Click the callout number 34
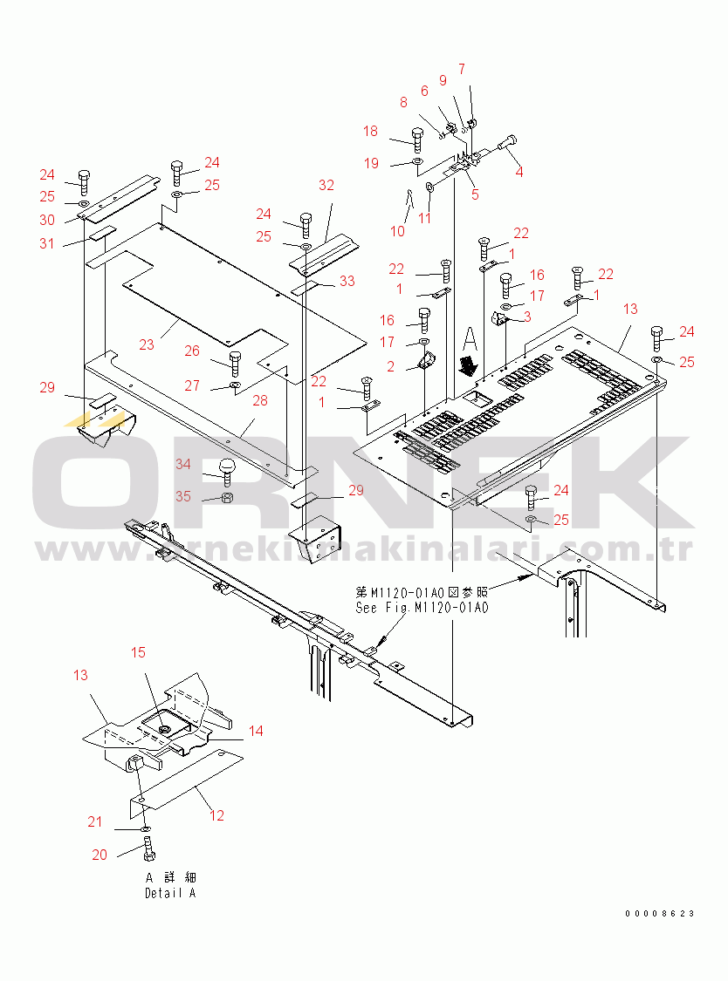[x=182, y=464]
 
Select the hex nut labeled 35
[x=224, y=498]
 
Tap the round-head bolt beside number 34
[x=226, y=472]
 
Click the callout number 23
[x=147, y=344]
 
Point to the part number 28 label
[x=259, y=400]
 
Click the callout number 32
[x=326, y=185]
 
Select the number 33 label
[x=347, y=281]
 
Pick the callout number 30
[x=46, y=221]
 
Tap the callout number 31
[x=46, y=243]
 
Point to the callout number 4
[x=519, y=172]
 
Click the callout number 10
[x=397, y=231]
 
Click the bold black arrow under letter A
[x=470, y=361]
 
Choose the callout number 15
[x=139, y=652]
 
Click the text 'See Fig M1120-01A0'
[x=422, y=608]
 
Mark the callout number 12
[x=216, y=815]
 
